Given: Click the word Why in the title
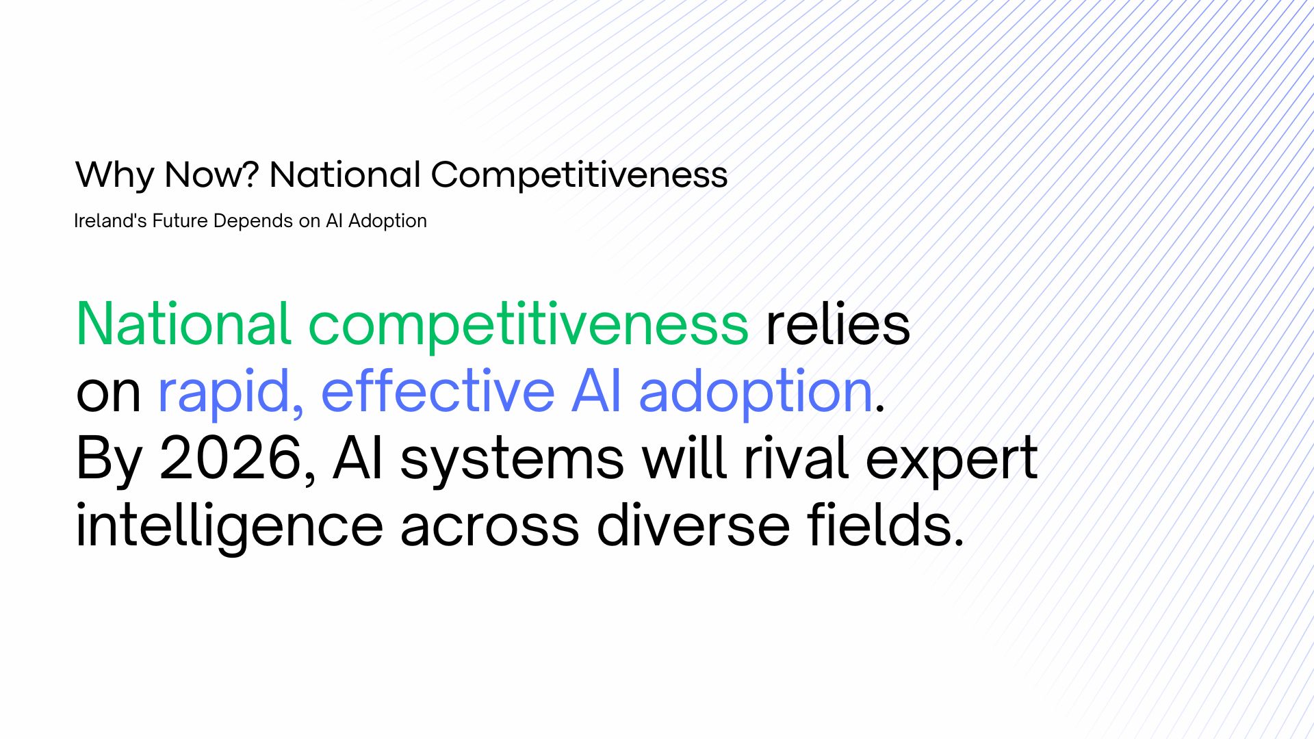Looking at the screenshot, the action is coord(115,175).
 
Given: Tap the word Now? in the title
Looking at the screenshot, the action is coord(211,174).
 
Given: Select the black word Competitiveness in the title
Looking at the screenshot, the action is coord(579,174).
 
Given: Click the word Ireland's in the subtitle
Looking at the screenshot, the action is coord(106,221).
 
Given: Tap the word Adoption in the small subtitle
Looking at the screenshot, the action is coord(387,222).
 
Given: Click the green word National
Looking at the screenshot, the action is coord(184,324).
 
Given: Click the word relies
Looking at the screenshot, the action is coord(838,324).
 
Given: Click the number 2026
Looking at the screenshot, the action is coord(231,458).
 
